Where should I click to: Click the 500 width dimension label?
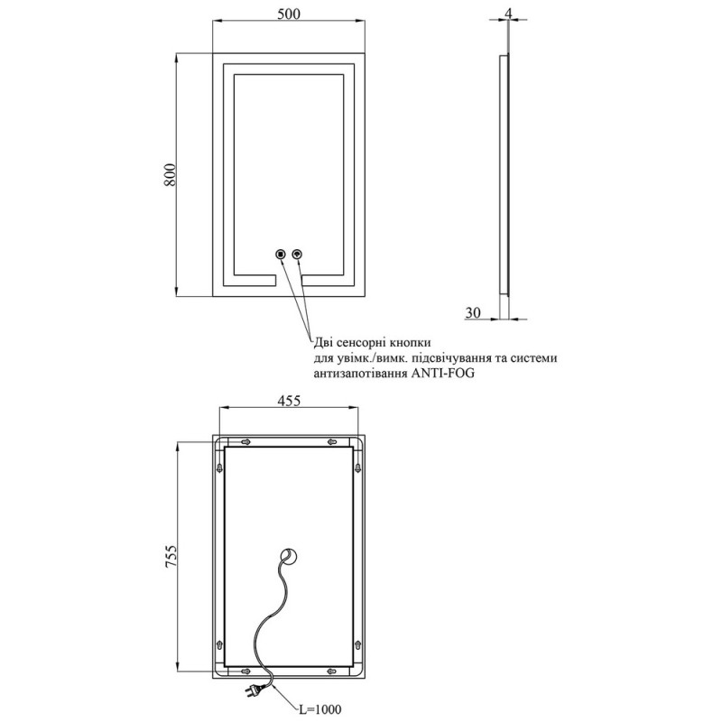point(289,14)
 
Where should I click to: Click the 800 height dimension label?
point(170,174)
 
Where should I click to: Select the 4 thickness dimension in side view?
point(508,14)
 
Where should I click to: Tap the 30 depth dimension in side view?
point(472,312)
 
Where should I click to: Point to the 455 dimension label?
point(289,401)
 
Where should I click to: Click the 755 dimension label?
point(171,556)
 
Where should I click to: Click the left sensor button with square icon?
point(280,254)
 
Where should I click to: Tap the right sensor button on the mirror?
point(298,254)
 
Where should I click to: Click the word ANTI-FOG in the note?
point(441,373)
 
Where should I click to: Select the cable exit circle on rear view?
point(290,557)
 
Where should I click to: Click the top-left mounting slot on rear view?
point(245,442)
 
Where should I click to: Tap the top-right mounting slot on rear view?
point(332,442)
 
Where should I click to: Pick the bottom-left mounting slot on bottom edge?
point(245,671)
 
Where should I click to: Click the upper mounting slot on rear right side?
point(358,467)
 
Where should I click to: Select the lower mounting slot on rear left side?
point(219,643)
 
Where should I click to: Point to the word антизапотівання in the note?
point(359,373)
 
